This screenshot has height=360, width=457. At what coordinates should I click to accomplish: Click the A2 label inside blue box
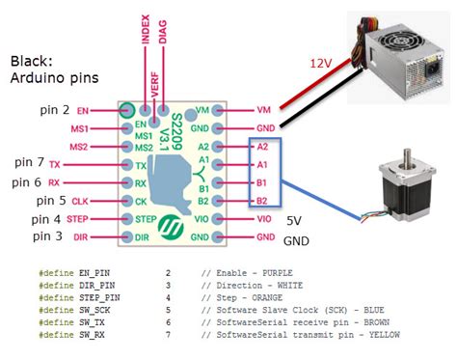263,147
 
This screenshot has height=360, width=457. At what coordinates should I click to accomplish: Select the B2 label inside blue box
263,201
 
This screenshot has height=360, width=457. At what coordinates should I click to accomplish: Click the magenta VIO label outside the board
264,219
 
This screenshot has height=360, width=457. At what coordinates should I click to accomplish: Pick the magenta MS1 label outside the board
80,128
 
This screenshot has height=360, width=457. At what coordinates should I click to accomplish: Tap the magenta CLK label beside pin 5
82,202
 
